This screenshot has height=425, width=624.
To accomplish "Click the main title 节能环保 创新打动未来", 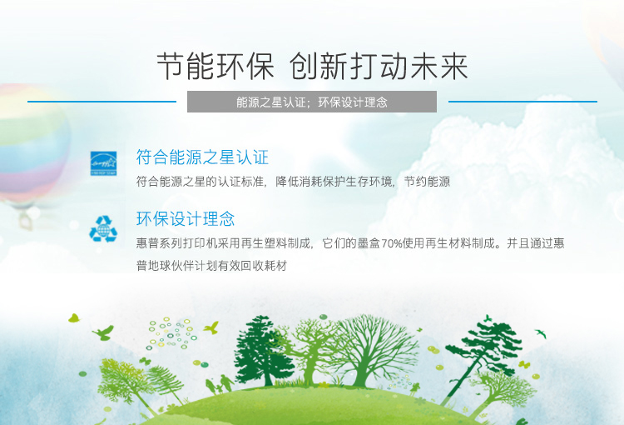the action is pos(312,66).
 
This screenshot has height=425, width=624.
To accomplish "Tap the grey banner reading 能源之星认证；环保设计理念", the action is pos(312,102).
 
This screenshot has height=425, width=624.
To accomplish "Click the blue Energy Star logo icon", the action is pos(103,163).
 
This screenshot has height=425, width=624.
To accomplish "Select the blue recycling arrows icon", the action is pos(103,229).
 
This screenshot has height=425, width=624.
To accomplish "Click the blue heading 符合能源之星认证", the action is pos(202,157).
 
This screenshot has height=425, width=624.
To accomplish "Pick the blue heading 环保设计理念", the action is pos(186,219).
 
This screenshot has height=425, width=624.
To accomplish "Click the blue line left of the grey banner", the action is pos(102,102).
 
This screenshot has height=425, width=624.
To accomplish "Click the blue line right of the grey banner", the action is pos(523,102).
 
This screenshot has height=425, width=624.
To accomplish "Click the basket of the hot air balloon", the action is pos(26,222).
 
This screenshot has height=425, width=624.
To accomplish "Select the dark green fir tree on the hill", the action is pos(260,351).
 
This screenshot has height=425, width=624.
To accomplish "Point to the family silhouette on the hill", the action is pos(220,385).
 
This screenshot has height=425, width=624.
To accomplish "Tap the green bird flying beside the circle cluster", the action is pos(211,327).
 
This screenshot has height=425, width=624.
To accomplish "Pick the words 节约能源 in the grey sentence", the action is pos(427,182).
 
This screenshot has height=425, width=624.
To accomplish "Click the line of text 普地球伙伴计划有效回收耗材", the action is pos(211,266).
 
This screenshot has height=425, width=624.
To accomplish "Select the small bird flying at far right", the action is pos(541,333).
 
